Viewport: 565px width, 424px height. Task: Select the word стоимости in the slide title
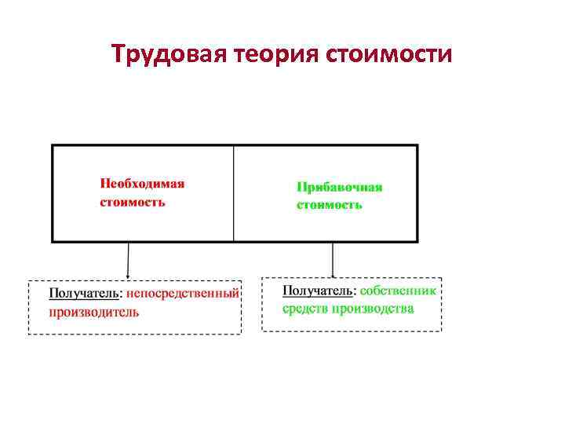pos(387,55)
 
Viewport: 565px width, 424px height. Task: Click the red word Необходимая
pos(142,184)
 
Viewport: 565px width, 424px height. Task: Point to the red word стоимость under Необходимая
pos(132,202)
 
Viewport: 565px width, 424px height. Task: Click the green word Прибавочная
pos(339,187)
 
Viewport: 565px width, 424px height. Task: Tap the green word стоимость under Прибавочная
pos(329,205)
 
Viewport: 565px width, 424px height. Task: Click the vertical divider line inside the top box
pos(234,193)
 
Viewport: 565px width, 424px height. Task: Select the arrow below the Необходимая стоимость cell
pos(129,259)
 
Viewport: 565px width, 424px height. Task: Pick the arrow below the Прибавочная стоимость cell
pos(333,258)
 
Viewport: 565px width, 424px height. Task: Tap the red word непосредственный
pos(182,294)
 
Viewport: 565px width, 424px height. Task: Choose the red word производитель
pos(94,312)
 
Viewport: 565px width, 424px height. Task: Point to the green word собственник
pos(400,291)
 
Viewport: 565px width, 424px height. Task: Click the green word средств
pos(304,309)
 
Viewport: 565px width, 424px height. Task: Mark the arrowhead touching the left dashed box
pos(129,276)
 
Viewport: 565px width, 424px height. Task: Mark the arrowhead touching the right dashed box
pos(333,274)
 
